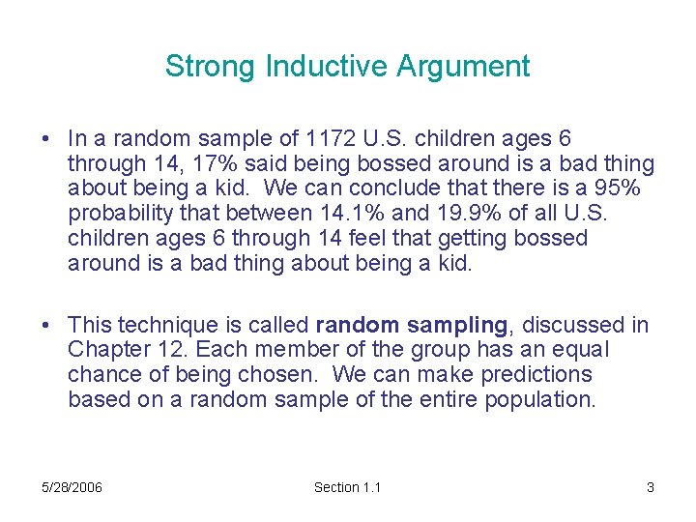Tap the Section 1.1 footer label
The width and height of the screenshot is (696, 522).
click(347, 487)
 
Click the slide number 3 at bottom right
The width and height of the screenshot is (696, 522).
click(651, 487)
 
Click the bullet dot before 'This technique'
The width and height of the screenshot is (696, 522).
click(46, 326)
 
